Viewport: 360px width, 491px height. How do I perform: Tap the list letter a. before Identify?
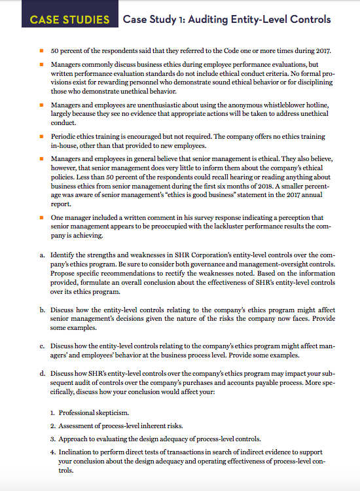[x=42, y=252]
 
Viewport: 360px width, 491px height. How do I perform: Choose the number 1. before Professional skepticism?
[x=52, y=412]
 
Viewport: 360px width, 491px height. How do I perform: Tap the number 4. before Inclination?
[x=52, y=452]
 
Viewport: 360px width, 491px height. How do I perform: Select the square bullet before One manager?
[x=41, y=218]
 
